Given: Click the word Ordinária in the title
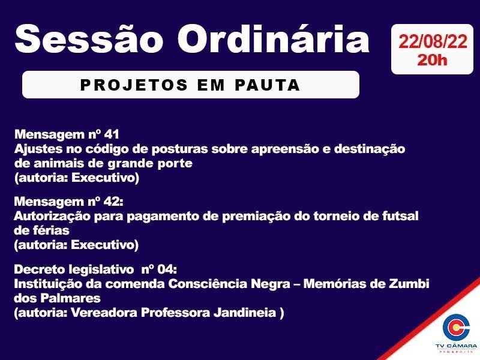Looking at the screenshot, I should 274,38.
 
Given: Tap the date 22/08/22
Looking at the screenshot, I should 432,42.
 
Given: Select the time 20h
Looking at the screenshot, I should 432,60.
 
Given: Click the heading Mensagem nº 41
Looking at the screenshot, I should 70,133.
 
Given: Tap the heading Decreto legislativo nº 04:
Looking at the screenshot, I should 95,269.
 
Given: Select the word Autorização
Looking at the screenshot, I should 51,215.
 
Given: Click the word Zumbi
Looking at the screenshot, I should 412,283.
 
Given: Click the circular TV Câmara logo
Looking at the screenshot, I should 456,327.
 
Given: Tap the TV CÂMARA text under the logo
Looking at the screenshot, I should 456,346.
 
